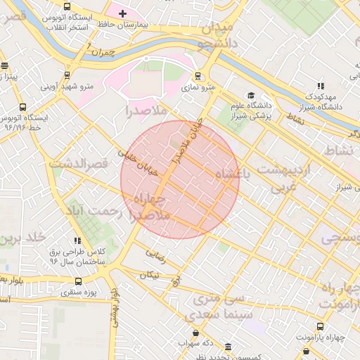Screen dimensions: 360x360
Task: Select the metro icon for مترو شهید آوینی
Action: [x=67, y=75]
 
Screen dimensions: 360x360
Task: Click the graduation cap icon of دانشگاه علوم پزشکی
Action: [x=250, y=96]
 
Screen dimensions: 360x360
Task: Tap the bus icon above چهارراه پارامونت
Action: [x=321, y=326]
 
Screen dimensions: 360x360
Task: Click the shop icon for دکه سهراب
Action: [x=195, y=333]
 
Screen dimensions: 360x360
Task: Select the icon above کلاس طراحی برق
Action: [x=77, y=240]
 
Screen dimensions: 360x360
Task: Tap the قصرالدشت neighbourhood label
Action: [x=79, y=164]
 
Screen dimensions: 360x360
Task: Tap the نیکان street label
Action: [x=149, y=276]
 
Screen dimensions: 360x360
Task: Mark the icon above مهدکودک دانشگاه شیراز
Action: [x=321, y=85]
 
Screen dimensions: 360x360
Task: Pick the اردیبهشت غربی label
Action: [x=292, y=179]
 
